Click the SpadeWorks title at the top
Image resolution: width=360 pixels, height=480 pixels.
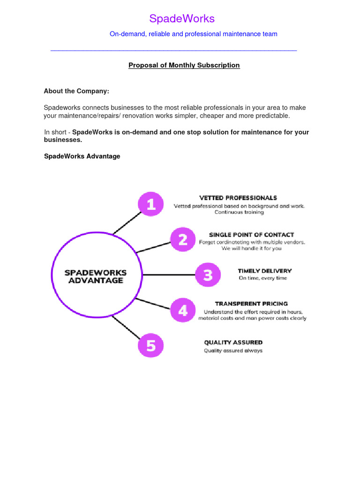182,19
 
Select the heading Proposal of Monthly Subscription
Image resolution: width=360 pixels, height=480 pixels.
184,65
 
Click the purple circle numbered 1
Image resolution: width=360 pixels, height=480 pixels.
151,204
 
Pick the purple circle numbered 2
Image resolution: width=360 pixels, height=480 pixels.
182,240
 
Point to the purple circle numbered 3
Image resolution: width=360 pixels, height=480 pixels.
208,275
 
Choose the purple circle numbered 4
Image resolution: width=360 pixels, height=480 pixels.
182,310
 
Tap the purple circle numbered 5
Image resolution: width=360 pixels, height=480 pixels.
151,346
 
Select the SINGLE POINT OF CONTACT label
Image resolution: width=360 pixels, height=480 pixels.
251,234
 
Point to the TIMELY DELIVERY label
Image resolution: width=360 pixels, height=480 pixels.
265,271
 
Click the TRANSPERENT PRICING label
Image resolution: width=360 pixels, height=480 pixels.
251,304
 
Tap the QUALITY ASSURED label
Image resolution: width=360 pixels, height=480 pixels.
233,343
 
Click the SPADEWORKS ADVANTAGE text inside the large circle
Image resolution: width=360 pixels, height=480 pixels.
95,277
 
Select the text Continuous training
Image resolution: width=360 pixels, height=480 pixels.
239,212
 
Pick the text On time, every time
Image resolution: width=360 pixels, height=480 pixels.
263,278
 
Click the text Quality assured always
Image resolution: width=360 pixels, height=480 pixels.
233,351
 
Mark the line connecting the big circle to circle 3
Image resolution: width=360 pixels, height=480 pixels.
164,275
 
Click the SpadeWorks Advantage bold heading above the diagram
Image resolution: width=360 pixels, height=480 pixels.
82,156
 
